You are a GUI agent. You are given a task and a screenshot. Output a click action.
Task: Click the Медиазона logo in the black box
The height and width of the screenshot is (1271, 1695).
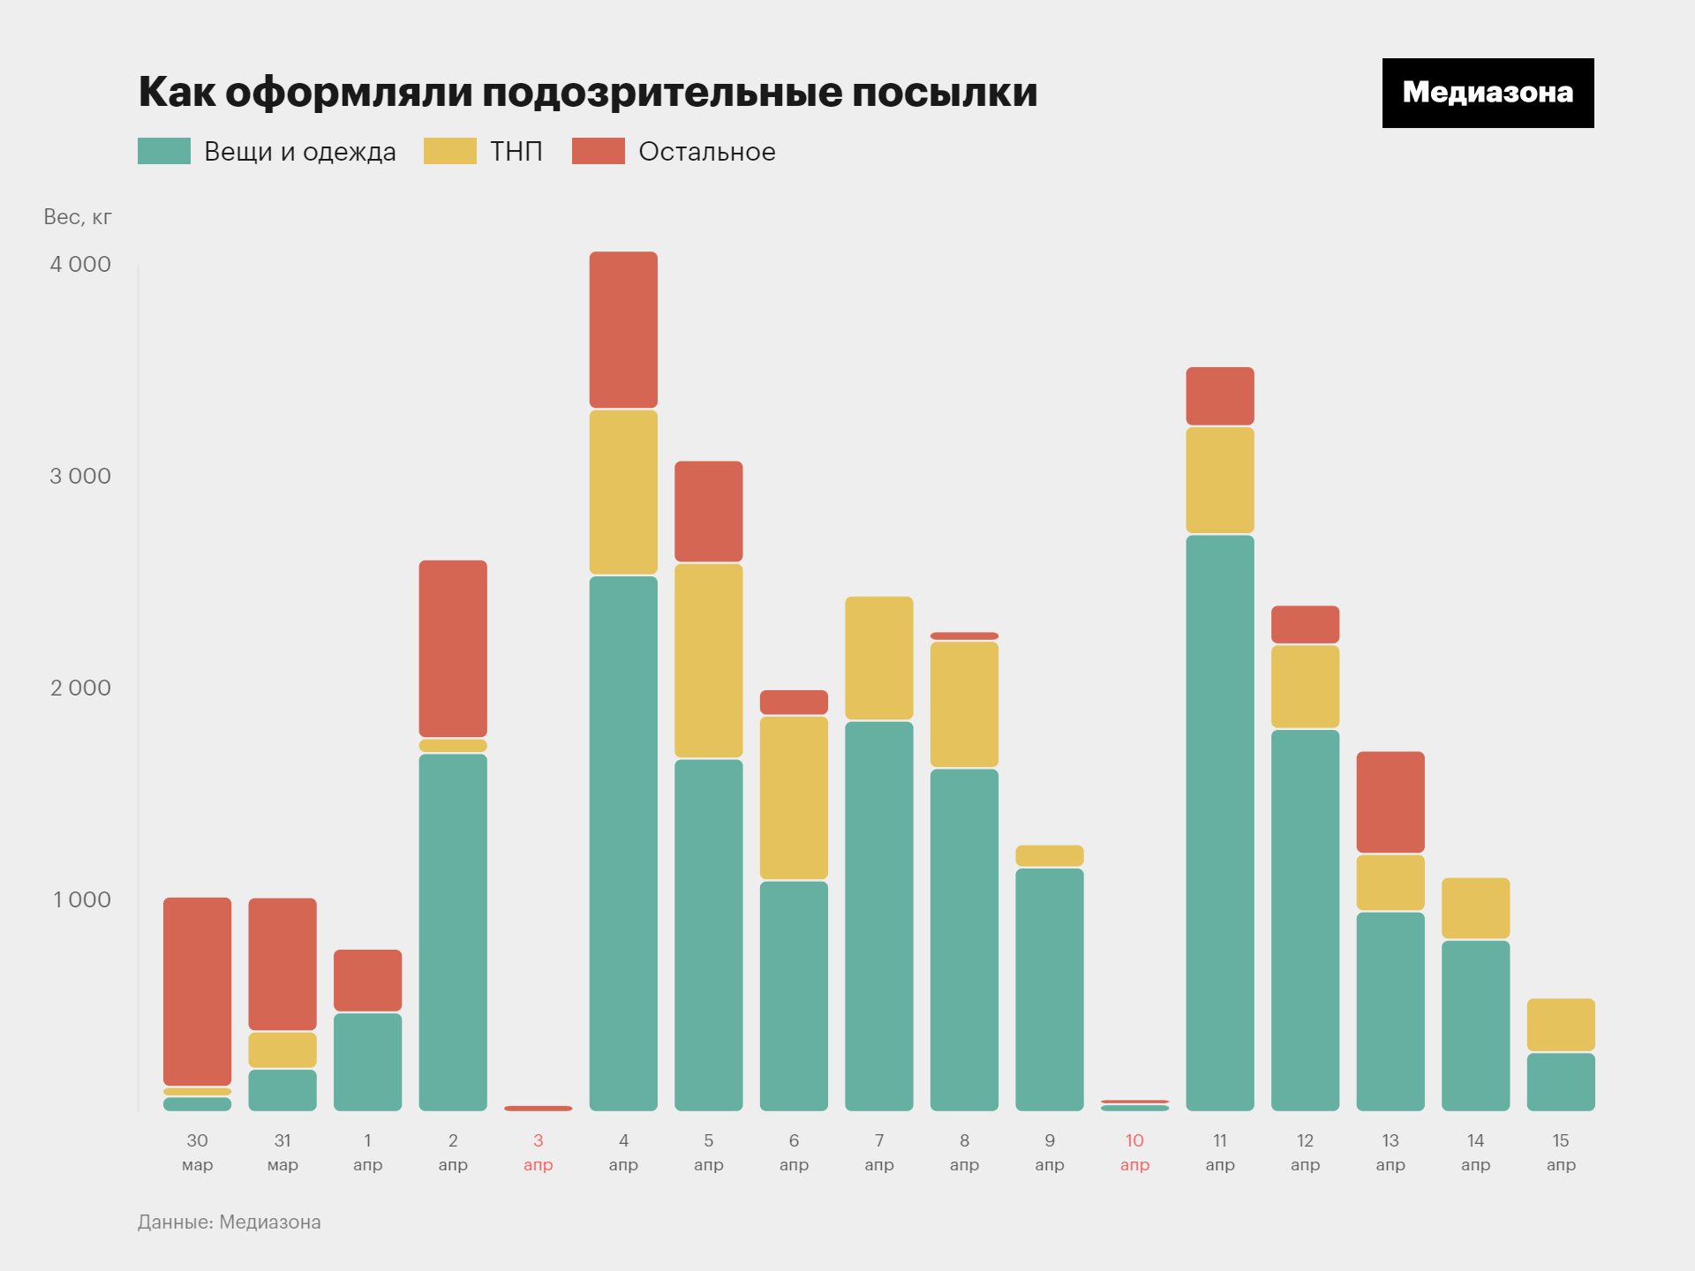tap(1488, 93)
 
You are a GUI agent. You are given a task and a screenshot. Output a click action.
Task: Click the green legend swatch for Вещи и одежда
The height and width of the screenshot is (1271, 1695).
tap(164, 151)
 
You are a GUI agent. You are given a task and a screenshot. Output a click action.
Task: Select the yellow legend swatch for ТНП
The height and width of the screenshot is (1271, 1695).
tap(449, 151)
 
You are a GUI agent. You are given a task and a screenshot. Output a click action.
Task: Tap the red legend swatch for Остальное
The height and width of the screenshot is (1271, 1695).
tap(598, 151)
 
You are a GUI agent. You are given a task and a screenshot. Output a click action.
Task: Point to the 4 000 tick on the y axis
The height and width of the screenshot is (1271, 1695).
tap(80, 264)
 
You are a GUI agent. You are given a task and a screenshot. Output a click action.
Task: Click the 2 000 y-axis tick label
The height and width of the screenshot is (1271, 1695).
tap(80, 688)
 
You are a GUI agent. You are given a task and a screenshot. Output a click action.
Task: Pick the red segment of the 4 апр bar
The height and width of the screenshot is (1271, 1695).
tap(623, 329)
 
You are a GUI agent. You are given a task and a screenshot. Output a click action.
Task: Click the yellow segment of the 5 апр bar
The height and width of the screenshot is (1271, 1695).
tap(708, 660)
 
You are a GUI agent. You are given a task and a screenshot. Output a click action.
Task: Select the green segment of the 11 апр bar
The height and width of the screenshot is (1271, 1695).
tap(1219, 821)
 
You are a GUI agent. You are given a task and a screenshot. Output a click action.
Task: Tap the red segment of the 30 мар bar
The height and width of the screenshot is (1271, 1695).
tap(197, 990)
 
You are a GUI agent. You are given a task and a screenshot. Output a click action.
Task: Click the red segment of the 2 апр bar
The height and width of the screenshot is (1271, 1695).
tap(452, 648)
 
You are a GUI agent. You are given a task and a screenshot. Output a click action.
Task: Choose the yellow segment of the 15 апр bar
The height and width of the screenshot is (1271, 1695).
tap(1560, 1024)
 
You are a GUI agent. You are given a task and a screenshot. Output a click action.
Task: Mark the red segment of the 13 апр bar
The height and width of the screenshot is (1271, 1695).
tap(1390, 801)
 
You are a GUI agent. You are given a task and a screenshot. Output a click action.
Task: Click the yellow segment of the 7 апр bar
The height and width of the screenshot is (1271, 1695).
tap(878, 658)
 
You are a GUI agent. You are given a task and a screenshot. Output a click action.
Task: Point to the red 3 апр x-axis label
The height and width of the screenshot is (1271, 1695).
tap(538, 1152)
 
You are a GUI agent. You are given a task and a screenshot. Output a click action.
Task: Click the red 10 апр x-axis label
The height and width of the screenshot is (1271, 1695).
tap(1134, 1152)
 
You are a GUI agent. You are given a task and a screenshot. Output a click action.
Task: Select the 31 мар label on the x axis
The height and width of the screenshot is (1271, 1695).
tap(282, 1152)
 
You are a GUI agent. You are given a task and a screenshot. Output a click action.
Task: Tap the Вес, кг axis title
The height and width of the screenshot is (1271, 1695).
tap(78, 217)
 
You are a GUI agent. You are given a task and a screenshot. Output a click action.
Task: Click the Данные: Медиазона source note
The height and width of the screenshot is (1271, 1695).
tap(229, 1222)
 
